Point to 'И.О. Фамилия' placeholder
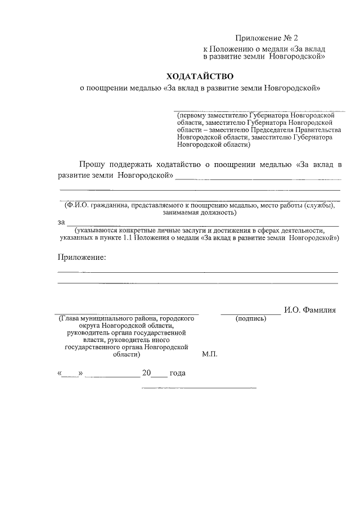tap(310, 309)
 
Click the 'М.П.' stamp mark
tap(209, 355)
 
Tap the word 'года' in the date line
tap(177, 373)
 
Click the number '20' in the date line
tap(147, 373)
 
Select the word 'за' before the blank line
tap(61, 222)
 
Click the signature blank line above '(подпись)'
tap(250, 313)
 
